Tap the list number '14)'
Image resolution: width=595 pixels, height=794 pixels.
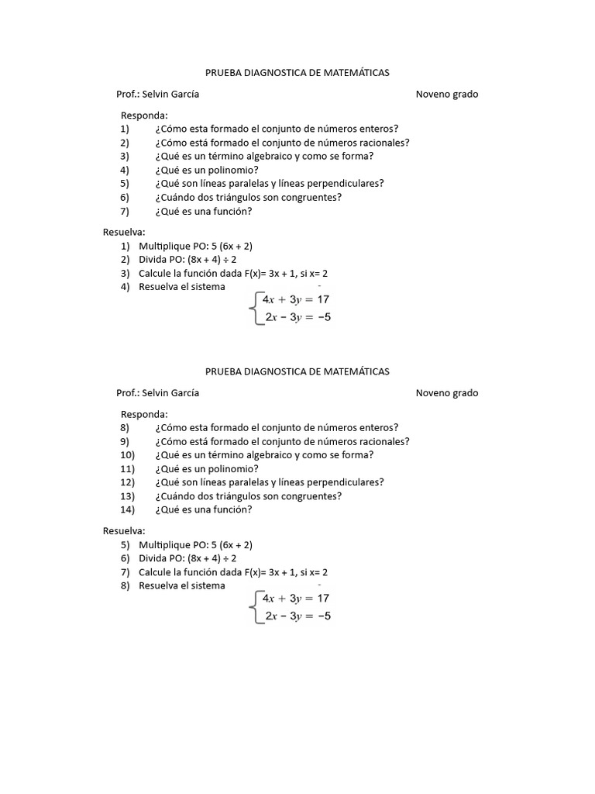tap(128, 509)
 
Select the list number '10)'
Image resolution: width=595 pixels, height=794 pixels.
tap(128, 454)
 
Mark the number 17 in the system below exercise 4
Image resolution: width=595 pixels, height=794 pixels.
tap(323, 299)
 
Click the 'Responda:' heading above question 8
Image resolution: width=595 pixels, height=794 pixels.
tap(144, 414)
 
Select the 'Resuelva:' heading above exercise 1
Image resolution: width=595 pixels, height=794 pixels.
tap(124, 232)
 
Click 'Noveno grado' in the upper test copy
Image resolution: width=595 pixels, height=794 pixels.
tap(447, 95)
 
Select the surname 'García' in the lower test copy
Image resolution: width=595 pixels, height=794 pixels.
tap(183, 393)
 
